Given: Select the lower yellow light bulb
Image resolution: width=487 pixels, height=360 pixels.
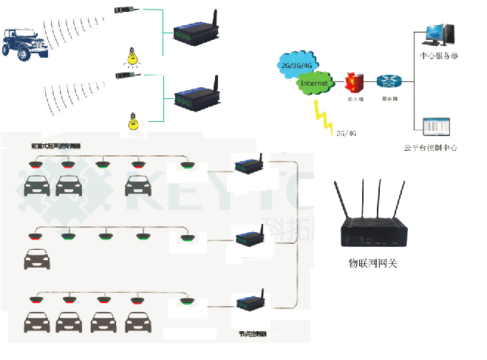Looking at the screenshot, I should (134, 121).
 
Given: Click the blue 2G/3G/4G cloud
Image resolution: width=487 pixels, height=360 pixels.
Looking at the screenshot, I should (294, 64).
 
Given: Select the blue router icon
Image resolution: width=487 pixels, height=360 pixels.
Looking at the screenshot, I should (386, 81).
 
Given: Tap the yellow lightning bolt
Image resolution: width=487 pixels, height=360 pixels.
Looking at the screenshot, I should (323, 117).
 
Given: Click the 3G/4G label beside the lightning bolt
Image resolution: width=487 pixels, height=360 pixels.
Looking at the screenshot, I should (347, 134).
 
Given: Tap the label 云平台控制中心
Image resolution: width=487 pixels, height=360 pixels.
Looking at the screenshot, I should (431, 148).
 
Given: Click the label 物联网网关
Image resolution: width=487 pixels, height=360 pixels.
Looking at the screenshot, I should (372, 262).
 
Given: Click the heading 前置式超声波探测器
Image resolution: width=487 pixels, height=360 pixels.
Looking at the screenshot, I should (56, 146).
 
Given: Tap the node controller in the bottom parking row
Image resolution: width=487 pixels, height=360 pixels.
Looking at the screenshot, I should (249, 302).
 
